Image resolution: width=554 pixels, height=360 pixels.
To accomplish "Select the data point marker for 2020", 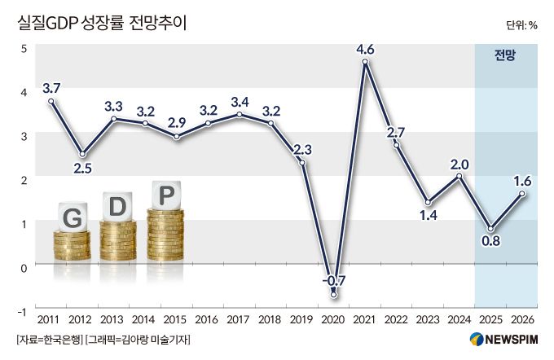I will coord(333,295).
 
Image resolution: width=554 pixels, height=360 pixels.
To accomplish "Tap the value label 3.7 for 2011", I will coord(51,87).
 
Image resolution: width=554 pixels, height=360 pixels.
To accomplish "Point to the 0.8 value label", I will coord(490,242).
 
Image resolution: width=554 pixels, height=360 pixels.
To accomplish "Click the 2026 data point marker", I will coord(521,193).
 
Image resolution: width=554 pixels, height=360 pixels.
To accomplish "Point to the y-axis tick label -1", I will coord(24,312).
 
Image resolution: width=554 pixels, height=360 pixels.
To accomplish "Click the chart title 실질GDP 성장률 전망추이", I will coord(102,23).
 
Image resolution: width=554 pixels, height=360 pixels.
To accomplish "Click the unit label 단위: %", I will coord(521,24).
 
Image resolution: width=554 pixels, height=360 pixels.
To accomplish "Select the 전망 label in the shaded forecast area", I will coord(505,55).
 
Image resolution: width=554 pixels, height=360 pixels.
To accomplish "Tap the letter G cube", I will coord(71,218).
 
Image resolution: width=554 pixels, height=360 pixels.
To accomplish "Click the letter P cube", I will coord(166,196).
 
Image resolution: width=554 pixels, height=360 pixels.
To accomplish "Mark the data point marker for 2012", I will coord(82,154).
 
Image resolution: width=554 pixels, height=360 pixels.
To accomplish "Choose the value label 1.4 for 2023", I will coord(427,216).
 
